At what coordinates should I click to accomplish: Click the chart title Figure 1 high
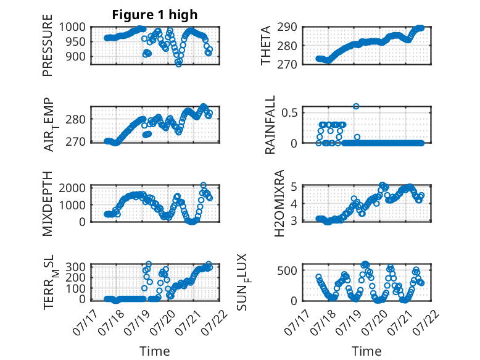point(155,15)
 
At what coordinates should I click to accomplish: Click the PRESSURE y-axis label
point(48,45)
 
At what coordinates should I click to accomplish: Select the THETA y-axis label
point(266,45)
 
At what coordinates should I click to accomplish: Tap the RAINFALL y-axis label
point(270,125)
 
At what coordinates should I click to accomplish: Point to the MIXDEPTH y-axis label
point(48,204)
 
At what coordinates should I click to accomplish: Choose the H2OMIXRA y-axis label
point(279,203)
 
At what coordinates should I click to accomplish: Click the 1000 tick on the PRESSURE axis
point(72,27)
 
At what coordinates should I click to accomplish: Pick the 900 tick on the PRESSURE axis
point(76,56)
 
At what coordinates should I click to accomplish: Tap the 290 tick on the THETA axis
point(287,27)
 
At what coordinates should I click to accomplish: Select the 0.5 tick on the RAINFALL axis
point(289,112)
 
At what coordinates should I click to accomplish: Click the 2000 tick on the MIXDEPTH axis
point(72,188)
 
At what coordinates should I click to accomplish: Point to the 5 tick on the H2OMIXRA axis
point(294,186)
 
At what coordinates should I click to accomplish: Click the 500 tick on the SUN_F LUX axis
point(287,270)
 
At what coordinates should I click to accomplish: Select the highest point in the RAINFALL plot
point(356,106)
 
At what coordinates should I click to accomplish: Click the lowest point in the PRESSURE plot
point(178,64)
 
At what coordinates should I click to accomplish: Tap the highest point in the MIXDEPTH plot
point(203,185)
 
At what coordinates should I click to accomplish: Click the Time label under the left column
point(155,351)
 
